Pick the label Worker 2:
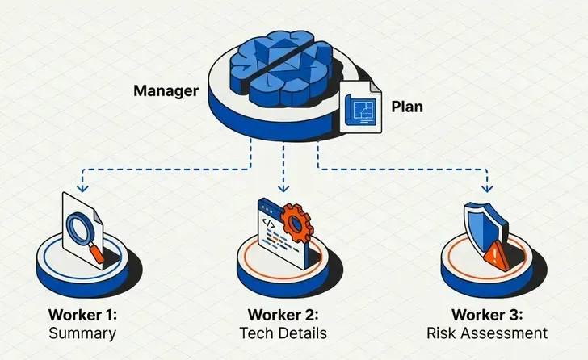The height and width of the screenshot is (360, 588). (284, 315)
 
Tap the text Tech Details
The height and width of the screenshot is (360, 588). (284, 333)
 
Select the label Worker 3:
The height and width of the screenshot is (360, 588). (487, 315)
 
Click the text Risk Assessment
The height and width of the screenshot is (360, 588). (487, 333)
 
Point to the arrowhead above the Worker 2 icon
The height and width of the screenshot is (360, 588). (283, 187)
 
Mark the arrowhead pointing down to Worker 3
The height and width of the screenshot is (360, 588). (488, 187)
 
